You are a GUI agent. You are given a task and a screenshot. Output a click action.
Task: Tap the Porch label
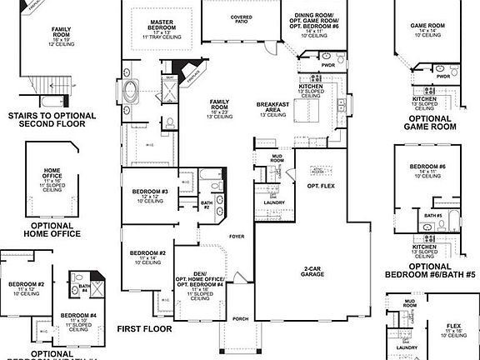pyautogui.click(x=242, y=318)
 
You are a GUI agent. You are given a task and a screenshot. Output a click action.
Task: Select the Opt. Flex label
pyautogui.click(x=332, y=185)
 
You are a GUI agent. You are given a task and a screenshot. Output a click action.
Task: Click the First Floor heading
pyautogui.click(x=144, y=328)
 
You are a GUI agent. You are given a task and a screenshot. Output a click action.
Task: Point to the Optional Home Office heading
pyautogui.click(x=52, y=229)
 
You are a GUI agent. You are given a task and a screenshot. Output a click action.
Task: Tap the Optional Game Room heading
pyautogui.click(x=430, y=123)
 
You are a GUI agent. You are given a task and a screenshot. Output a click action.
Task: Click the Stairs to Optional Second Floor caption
pyautogui.click(x=47, y=120)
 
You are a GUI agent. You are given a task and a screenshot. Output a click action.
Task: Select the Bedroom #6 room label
pyautogui.click(x=431, y=171)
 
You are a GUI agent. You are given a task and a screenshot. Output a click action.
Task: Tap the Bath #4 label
pyautogui.click(x=84, y=288)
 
